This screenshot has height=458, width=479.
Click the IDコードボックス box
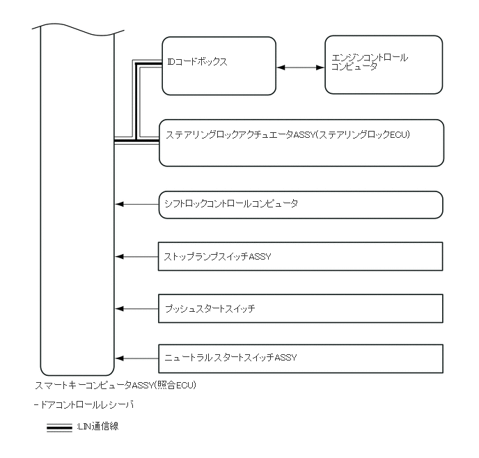point(219,65)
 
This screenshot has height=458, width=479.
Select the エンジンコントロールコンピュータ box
point(384,65)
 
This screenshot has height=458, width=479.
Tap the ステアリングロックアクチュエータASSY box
point(301,143)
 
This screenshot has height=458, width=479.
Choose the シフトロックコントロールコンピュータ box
point(301,204)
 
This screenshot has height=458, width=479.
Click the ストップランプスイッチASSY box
point(301,256)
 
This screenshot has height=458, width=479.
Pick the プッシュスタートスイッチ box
point(301,308)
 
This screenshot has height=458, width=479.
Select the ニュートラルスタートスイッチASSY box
point(301,358)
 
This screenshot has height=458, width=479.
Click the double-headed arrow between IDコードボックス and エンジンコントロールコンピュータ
point(301,68)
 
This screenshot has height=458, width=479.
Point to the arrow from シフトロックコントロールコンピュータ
point(137,204)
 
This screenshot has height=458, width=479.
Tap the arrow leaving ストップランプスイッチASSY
point(137,256)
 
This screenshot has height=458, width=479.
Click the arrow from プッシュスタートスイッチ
point(137,308)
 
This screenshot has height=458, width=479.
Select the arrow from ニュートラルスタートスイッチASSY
point(137,358)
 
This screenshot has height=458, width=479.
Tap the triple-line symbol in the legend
point(59,427)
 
